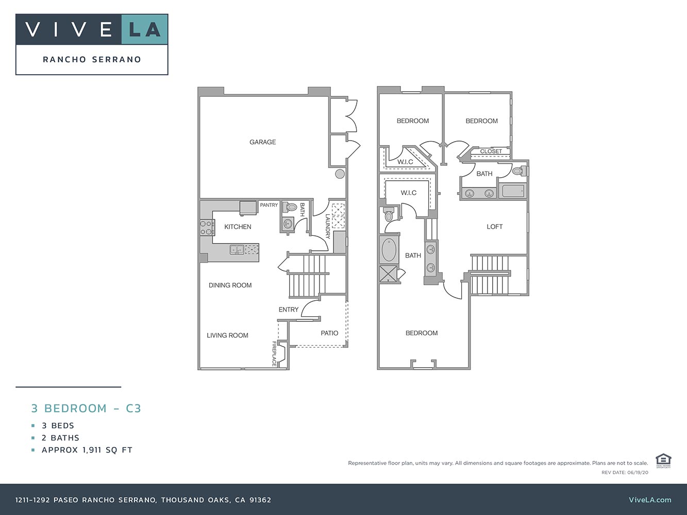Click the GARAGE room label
coord(262,142)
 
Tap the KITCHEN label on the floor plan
coord(238,227)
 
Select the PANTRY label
coord(269,205)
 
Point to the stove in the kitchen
coord(207,228)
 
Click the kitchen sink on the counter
coord(237,250)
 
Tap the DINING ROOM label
coord(230,285)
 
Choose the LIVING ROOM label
coord(227,335)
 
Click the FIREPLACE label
coord(274,354)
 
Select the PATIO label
coord(329,333)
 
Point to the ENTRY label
coord(288,310)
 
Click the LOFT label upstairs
coord(494,227)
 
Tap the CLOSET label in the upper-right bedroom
coord(491,151)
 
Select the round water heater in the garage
coord(340,174)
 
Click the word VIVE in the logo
coord(69,29)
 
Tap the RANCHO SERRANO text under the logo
coord(92,59)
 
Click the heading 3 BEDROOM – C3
coord(86,408)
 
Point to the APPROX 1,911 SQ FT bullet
coord(87,450)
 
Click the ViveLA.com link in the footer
coord(650,500)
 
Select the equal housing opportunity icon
coord(662,460)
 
